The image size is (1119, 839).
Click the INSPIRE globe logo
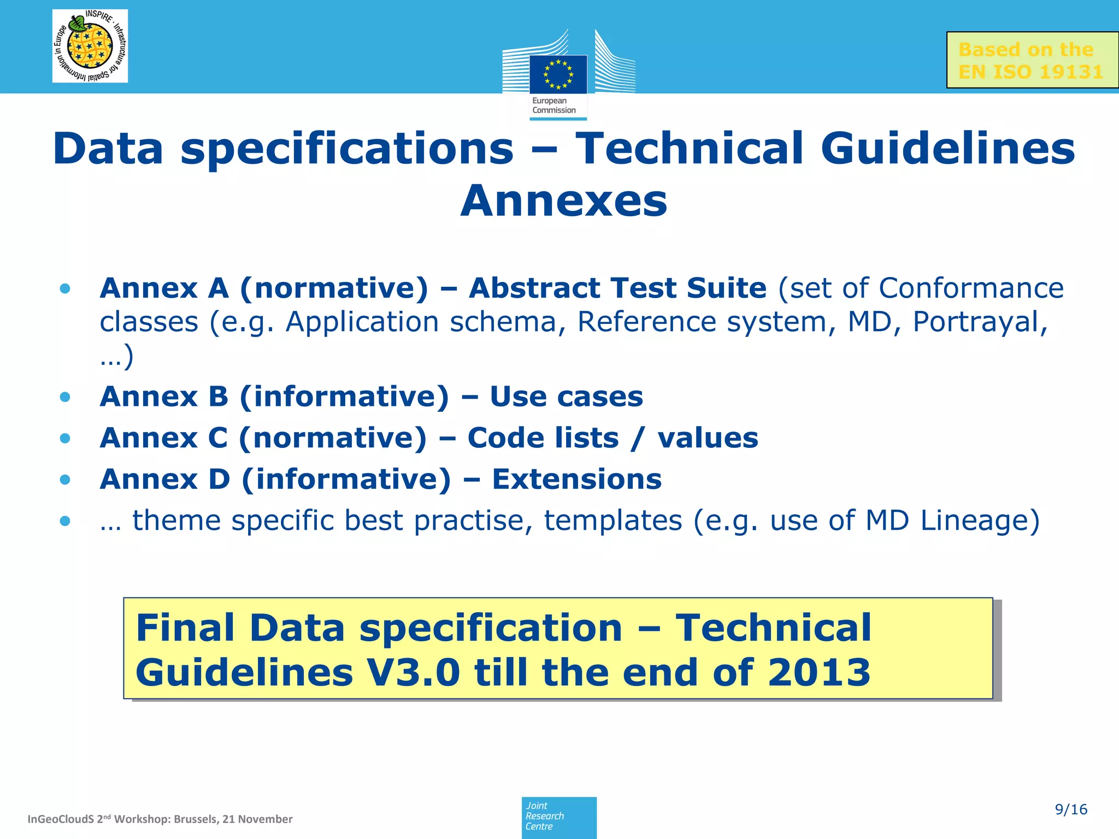tap(90, 46)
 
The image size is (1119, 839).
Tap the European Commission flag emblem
tap(558, 74)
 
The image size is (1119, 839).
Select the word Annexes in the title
tap(563, 201)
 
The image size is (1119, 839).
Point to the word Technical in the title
tap(690, 149)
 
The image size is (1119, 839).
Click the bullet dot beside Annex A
tap(66, 288)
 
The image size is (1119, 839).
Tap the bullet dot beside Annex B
tap(66, 397)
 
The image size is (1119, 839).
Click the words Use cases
tap(566, 397)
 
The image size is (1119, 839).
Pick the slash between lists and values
tap(637, 438)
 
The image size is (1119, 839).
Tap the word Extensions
tap(576, 479)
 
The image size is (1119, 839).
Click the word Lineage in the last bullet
tap(980, 521)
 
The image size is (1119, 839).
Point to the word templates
tap(612, 521)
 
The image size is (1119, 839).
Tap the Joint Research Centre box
tap(558, 817)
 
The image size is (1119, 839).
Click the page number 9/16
tap(1071, 810)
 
